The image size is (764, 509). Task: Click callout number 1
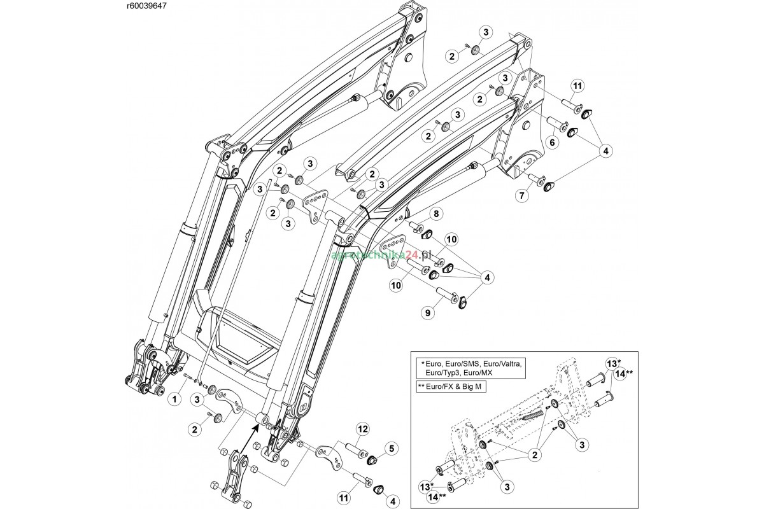point(173,399)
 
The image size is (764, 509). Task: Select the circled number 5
point(390,447)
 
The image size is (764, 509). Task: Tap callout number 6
point(551,143)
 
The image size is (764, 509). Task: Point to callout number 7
point(522,195)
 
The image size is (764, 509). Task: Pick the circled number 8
point(437,213)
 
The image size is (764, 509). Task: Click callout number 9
point(428,312)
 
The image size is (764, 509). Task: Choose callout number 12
point(362,429)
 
